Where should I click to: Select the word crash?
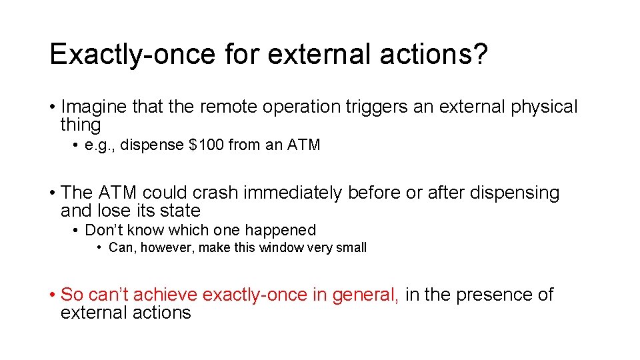click(x=215, y=193)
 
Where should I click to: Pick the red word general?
click(x=365, y=295)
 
